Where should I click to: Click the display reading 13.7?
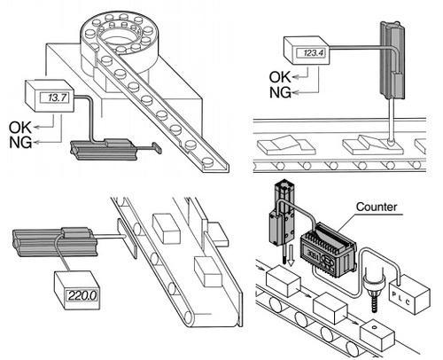click(55, 98)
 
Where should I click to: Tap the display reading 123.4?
click(310, 53)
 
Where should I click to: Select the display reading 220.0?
click(82, 296)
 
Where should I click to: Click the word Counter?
click(377, 207)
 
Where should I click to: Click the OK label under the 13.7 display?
click(20, 128)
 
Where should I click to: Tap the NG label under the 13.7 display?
click(20, 143)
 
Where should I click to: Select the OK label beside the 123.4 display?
click(280, 77)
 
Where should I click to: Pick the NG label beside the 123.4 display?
click(280, 92)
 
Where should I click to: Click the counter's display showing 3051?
click(312, 254)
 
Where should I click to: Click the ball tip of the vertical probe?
click(391, 142)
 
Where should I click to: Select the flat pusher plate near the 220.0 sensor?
click(127, 239)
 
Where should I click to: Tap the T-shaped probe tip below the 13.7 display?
click(157, 148)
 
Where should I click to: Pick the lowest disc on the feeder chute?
click(208, 161)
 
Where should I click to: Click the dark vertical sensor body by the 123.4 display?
click(392, 60)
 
